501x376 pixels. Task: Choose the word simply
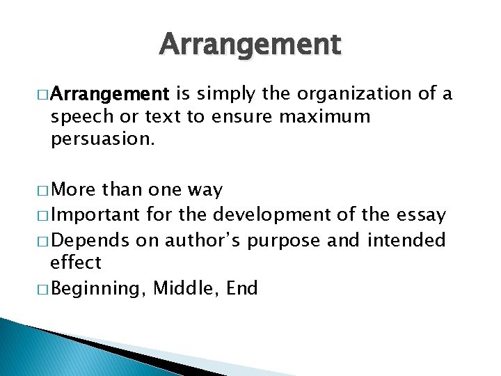[x=227, y=94]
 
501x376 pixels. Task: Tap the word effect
[x=76, y=263]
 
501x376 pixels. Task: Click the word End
[x=242, y=288]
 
